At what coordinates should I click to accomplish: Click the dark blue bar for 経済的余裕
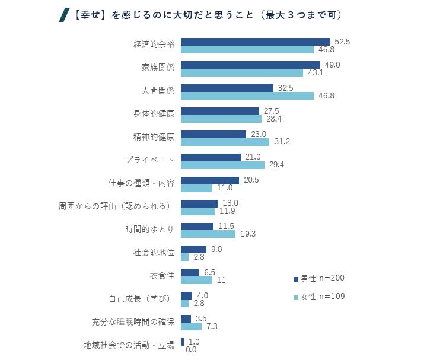coord(255,42)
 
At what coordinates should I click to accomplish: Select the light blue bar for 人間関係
coord(247,95)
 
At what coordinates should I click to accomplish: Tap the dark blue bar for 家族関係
coord(250,65)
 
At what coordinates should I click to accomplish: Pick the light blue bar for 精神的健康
coord(225,142)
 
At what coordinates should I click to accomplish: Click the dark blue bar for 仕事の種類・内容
coord(210,180)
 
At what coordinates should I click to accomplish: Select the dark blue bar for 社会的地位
coord(193,250)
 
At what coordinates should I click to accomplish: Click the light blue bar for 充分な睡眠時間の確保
coord(191,327)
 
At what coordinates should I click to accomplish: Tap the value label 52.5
coord(343,42)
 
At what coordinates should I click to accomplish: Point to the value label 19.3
coord(248,234)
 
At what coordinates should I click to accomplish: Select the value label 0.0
coord(191,350)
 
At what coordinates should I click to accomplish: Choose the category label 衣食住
coord(162,276)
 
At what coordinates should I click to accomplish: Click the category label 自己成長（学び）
coord(141,300)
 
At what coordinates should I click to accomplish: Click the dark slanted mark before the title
coord(62,15)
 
